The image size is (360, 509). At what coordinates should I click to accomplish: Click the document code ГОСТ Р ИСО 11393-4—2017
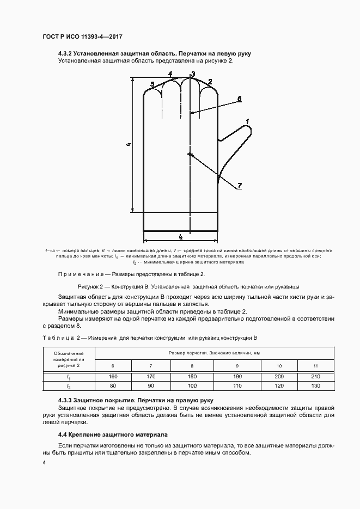tap(81, 36)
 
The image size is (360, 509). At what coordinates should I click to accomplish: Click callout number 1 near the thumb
tap(247, 121)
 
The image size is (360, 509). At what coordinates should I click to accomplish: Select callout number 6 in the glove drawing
tap(239, 99)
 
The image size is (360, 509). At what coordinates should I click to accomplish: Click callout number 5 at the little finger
tap(152, 84)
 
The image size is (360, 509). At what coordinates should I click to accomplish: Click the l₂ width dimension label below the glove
tap(180, 237)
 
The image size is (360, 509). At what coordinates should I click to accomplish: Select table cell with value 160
tap(113, 377)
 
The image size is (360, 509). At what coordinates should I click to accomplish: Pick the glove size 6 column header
tap(113, 365)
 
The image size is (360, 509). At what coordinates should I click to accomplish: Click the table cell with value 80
tap(113, 386)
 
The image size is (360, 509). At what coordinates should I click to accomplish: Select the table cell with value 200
tap(279, 377)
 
